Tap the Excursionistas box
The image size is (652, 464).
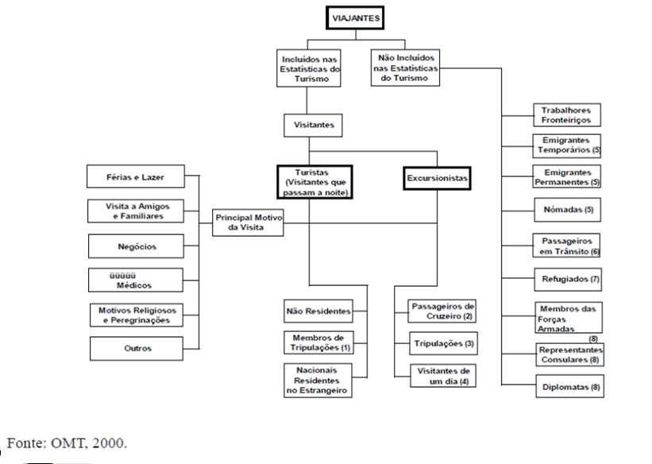point(437,180)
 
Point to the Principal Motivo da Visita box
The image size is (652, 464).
point(249,222)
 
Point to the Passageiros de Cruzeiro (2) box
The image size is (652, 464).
point(442,311)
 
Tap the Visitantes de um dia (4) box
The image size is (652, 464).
point(442,376)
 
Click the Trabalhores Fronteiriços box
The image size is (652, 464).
point(566,114)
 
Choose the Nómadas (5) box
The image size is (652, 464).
point(566,210)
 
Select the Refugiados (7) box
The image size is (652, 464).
point(566,279)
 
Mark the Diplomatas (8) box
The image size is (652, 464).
point(566,388)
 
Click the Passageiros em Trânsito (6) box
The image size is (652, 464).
point(566,246)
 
